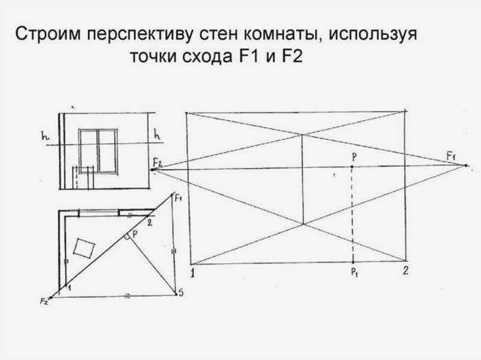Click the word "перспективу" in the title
[x=140, y=34]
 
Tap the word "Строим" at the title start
[x=48, y=34]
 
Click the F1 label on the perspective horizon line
[x=451, y=157]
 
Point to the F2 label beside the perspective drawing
[x=157, y=162]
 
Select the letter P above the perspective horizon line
[x=355, y=157]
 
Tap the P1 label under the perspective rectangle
[x=355, y=272]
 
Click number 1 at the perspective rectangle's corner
[x=192, y=273]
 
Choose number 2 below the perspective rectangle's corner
[x=405, y=271]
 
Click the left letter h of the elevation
[x=45, y=135]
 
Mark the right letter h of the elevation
[x=157, y=134]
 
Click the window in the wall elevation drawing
[x=98, y=152]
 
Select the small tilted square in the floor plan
[x=84, y=248]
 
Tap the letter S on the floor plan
[x=181, y=293]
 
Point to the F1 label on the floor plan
[x=178, y=199]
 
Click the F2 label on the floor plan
[x=44, y=301]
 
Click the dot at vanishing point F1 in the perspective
[x=466, y=166]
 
